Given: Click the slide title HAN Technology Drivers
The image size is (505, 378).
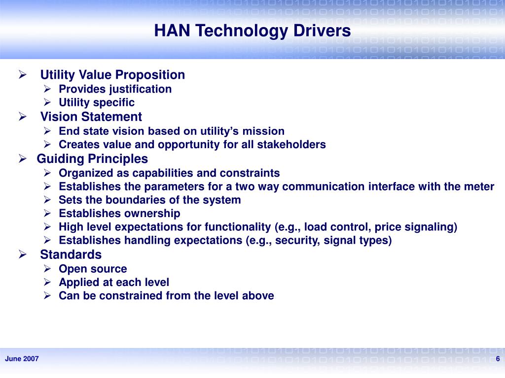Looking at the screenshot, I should coord(252,31).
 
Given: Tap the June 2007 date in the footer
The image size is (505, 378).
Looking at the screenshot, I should coord(22,359).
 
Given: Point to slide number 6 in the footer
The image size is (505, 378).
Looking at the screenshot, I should coord(498,358).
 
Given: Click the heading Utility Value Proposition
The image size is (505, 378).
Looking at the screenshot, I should coord(112,75).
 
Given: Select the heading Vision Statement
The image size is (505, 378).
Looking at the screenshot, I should coord(91,117).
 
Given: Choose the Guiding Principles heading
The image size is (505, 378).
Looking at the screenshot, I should coord(92,159).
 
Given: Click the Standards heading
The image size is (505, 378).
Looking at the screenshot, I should coord(71,255).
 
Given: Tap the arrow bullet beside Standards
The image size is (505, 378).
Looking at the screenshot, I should coord(22,255).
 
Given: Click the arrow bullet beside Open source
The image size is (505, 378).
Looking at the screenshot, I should coord(47,269).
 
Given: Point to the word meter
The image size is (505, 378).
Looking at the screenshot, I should coord(479,187).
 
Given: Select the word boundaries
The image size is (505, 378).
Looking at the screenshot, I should coord(137,200).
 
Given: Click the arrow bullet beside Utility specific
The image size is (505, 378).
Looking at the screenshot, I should coord(47,102).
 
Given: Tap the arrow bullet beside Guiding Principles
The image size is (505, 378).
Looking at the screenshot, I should coord(22,159).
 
